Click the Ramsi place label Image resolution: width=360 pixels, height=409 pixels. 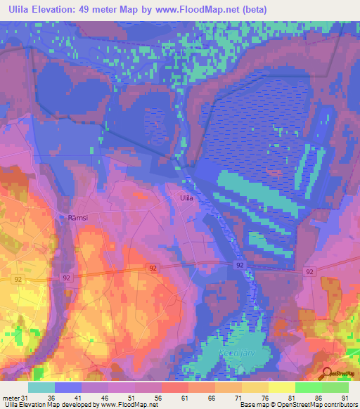(79, 218)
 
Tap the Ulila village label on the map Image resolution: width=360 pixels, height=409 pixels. (186, 199)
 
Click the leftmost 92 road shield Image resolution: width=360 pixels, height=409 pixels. (18, 279)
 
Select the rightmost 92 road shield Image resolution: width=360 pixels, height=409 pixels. (309, 271)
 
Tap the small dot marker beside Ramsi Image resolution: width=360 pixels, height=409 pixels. (68, 218)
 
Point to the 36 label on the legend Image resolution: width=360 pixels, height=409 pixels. (51, 397)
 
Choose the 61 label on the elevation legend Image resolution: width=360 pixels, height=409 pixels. (185, 397)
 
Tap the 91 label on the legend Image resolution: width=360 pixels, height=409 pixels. (345, 397)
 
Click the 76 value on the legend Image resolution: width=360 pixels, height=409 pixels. (265, 397)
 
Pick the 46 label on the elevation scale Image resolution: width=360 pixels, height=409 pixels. (105, 397)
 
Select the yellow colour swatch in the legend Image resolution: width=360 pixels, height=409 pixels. (281, 387)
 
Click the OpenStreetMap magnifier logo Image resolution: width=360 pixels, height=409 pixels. (327, 374)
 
